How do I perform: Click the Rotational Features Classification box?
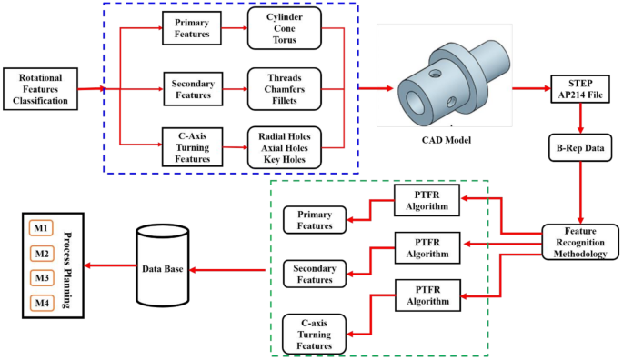39,89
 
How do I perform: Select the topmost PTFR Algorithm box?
427,200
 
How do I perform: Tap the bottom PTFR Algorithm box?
427,296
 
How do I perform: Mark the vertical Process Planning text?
69,265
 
